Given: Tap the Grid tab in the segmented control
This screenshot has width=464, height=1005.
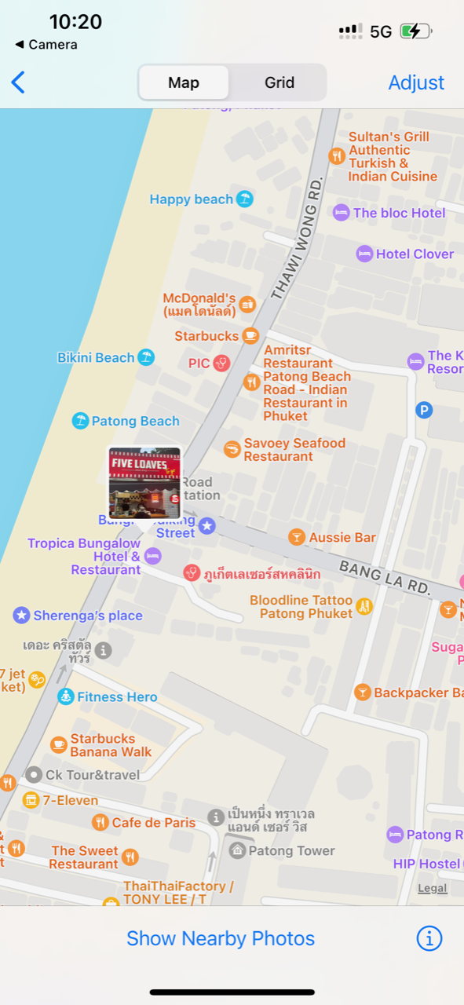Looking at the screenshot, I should [x=279, y=82].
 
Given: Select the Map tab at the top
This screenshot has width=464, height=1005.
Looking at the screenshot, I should [x=184, y=82].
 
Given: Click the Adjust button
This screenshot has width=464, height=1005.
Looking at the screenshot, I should [x=416, y=82].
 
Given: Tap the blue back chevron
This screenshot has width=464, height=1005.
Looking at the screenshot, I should [x=18, y=82].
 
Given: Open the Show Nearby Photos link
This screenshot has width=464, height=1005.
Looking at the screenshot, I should [x=221, y=938].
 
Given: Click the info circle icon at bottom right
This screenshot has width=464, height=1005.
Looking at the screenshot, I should [x=429, y=938].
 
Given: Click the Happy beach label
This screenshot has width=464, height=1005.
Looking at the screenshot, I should [x=192, y=199].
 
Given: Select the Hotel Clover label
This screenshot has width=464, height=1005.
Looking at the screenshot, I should [x=415, y=254].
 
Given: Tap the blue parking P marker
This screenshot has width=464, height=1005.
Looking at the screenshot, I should [x=424, y=409].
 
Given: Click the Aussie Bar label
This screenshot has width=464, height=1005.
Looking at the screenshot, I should [x=342, y=537].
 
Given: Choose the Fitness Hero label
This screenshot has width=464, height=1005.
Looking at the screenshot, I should [x=117, y=696].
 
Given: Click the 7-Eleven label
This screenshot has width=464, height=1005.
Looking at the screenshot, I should [x=71, y=800].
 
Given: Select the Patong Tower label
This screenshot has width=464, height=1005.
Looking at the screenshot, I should [x=291, y=850].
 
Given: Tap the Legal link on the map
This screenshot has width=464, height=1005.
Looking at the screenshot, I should [x=433, y=888].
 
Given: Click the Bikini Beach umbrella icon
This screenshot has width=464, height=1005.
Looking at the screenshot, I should [x=146, y=357].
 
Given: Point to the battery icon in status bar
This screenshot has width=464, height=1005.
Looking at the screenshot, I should [x=415, y=31].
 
